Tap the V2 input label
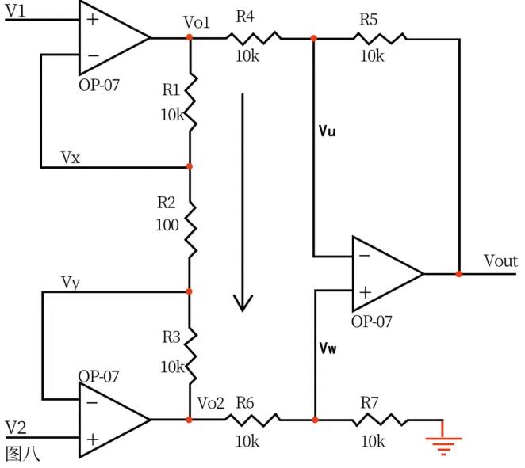(x=16, y=428)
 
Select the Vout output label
(x=500, y=261)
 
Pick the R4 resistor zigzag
(x=254, y=37)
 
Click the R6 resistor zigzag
(x=254, y=419)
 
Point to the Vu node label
(x=327, y=132)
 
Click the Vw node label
(x=328, y=348)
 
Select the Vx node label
(x=71, y=157)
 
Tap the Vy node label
(x=71, y=282)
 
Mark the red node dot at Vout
(x=459, y=274)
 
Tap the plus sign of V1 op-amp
(x=93, y=19)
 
